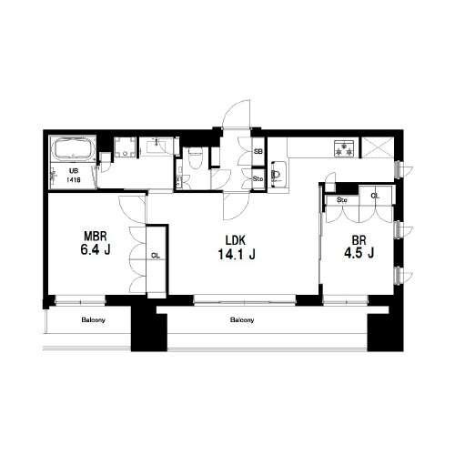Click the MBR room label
coord(96,236)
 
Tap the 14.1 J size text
coord(237,254)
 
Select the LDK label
coord(236,240)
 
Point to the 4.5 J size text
coord(359,252)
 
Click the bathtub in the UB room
coord(74,148)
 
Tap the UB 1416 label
coord(74,176)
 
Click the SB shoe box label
coord(258,151)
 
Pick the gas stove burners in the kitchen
coord(344,148)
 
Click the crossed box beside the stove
coord(378,147)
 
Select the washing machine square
coord(125,147)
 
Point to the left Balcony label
coord(93,319)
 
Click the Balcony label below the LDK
coord(242,319)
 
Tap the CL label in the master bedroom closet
coord(156,256)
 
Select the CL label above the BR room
coord(375,196)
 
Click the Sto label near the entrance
coord(258,179)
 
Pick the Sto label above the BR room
coord(342,200)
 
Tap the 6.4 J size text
coord(96,249)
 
